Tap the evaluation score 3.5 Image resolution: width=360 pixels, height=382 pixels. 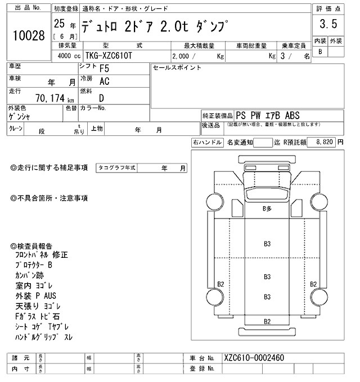coord(328,24)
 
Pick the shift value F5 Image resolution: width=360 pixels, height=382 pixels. coord(104,69)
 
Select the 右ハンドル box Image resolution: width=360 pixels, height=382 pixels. coord(207,143)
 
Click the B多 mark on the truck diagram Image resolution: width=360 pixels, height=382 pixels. coord(268,208)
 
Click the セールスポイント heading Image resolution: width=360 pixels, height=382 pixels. coord(177,67)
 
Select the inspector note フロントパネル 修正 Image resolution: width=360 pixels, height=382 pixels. coord(42,254)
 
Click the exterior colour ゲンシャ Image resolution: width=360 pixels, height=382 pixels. coord(20,117)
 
